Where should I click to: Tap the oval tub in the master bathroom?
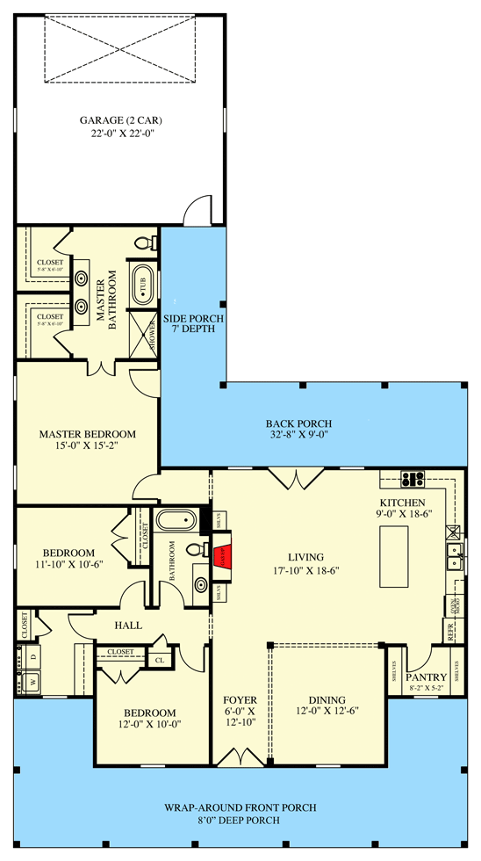click(x=142, y=285)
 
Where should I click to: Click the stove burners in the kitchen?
click(x=411, y=480)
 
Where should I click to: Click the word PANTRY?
click(x=428, y=676)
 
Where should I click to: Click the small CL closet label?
click(x=159, y=659)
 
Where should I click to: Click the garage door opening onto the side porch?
click(x=198, y=211)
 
